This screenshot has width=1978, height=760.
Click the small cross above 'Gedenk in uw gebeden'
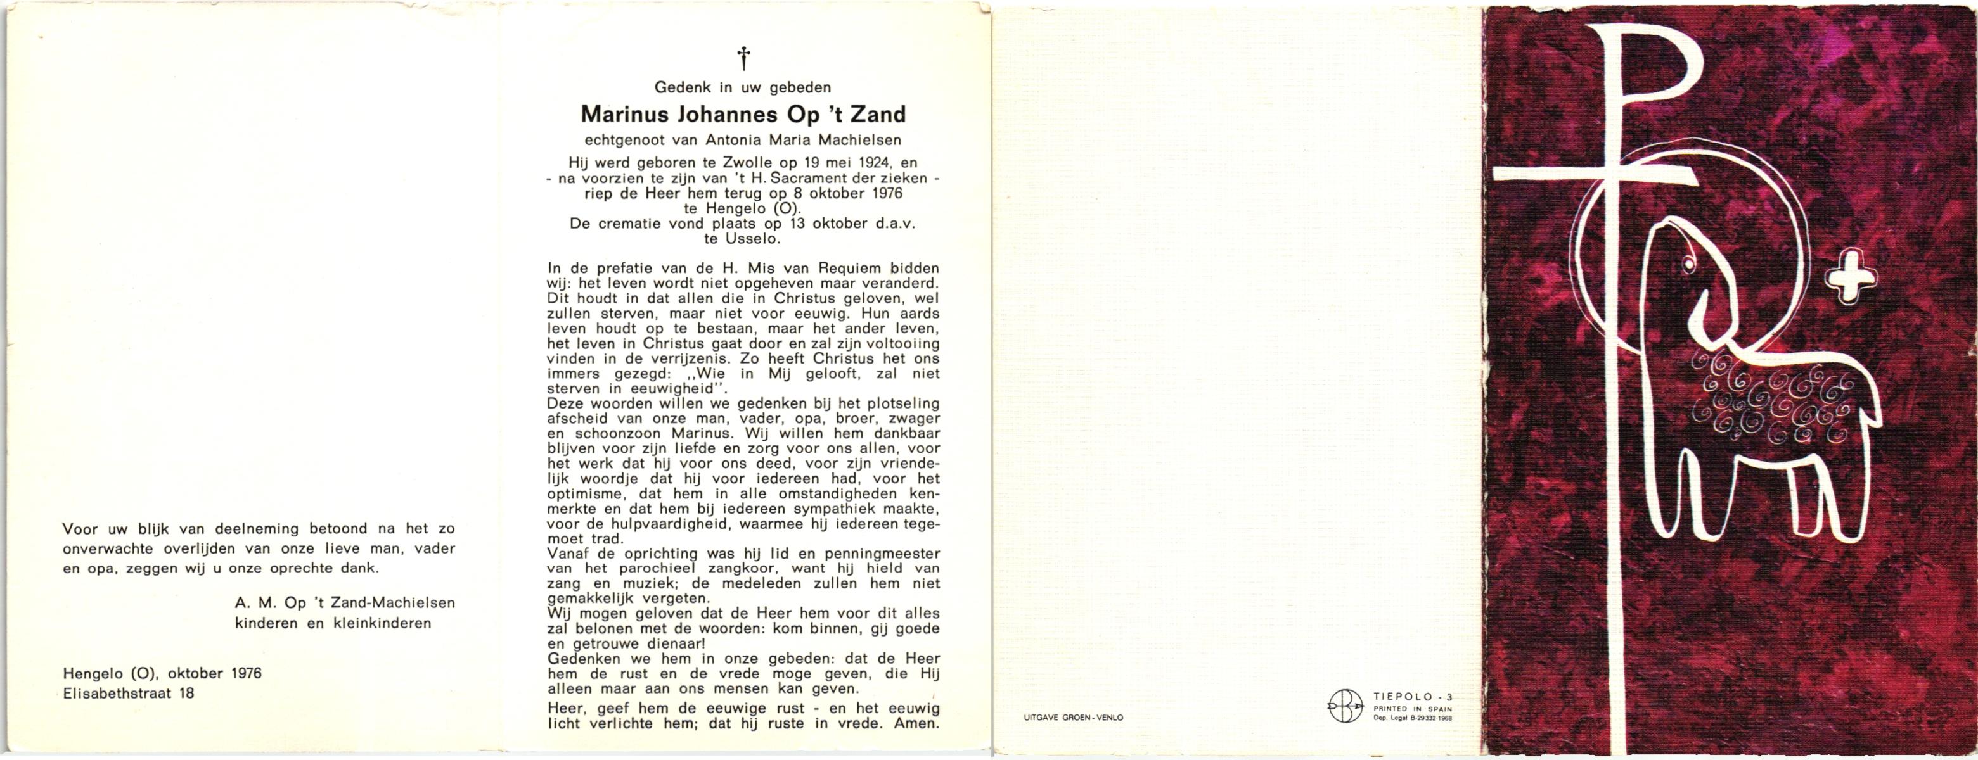coord(743,58)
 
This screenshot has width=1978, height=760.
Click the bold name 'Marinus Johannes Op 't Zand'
coord(743,115)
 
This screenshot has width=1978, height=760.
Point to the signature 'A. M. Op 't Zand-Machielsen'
coord(345,603)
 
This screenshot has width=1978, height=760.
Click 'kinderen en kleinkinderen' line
coord(333,623)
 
